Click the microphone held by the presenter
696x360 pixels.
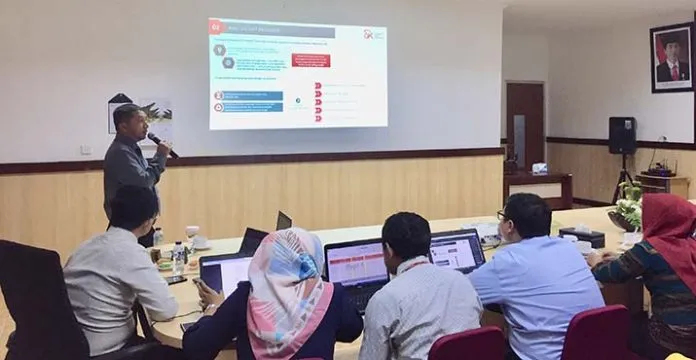(x=162, y=145)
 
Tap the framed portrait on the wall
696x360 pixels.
(x=671, y=58)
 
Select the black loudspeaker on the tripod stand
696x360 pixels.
(x=622, y=135)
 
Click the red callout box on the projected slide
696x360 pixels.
(x=310, y=60)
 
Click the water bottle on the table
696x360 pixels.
(x=178, y=257)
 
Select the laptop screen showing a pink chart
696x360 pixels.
(x=357, y=266)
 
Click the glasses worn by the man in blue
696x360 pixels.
(x=503, y=215)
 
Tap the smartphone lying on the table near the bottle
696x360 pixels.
(x=177, y=280)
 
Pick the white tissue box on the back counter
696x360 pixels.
(x=540, y=168)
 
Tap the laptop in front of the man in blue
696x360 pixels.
(x=457, y=251)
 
